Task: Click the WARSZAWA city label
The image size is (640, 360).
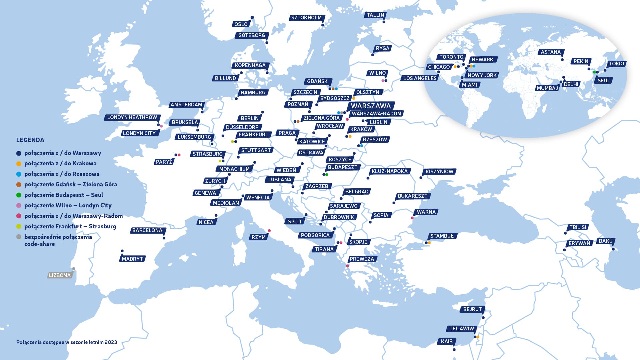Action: click(370, 106)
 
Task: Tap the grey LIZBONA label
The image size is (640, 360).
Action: click(60, 275)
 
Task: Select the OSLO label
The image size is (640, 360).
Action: click(241, 24)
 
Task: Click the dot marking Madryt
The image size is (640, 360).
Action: click(122, 251)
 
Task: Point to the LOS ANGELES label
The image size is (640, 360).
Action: click(420, 78)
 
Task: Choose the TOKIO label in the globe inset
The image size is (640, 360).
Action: click(616, 64)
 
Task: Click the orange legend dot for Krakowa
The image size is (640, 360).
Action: click(19, 164)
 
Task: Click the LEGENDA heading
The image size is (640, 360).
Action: click(30, 140)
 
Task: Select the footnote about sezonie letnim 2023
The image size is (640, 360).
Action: click(67, 342)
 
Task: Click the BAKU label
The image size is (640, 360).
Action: click(605, 241)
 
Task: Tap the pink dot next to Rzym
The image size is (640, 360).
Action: click(269, 231)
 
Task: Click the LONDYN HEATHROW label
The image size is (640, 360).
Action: click(132, 117)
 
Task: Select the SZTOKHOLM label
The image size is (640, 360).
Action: click(306, 18)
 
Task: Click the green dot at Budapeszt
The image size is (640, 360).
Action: click(327, 175)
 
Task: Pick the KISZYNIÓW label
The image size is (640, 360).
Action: click(439, 172)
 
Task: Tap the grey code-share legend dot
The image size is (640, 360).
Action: click(19, 237)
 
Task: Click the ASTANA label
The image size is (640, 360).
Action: click(550, 52)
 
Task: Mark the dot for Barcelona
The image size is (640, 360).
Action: click(164, 238)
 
